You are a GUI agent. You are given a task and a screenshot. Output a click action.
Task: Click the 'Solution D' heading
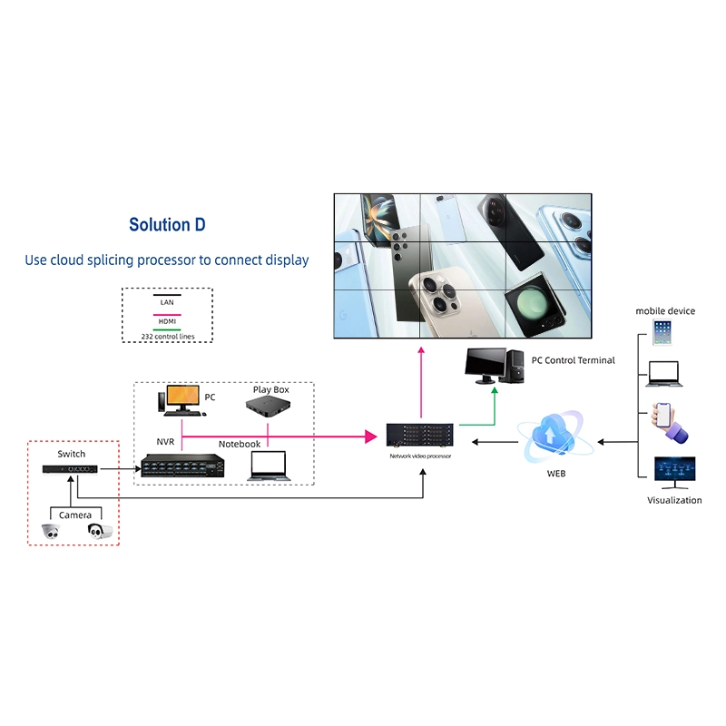167,225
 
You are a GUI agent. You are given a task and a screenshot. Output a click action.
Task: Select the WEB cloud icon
556,436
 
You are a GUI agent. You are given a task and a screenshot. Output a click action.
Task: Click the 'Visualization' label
674,500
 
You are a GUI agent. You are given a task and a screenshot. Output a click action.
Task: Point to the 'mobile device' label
665,311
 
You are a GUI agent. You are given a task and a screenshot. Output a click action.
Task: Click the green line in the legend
167,329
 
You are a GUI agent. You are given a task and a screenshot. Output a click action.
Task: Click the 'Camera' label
75,515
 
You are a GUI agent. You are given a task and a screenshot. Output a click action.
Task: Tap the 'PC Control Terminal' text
573,360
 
